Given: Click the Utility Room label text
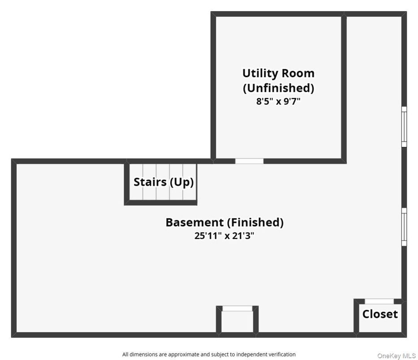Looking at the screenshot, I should pos(278,73).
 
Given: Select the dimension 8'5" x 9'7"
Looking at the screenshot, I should pos(278,101).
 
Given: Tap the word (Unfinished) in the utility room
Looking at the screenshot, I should pos(278,87).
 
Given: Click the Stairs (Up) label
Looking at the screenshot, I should pos(164,182).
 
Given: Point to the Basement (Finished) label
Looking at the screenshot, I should pos(224,222).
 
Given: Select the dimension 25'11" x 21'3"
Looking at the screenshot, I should pos(224,236).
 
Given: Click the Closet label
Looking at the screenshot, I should pos(380,314).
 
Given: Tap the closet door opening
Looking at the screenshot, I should pos(379,301).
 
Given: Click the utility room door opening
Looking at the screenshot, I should pos(249,161).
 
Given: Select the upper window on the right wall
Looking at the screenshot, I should pos(404,126).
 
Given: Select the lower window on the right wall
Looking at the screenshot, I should pos(404,227).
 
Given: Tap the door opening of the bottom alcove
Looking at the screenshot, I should pos(237,308).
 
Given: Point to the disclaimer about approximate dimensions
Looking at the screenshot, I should pos(209,354).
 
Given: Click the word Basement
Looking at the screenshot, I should pos(194,222).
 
